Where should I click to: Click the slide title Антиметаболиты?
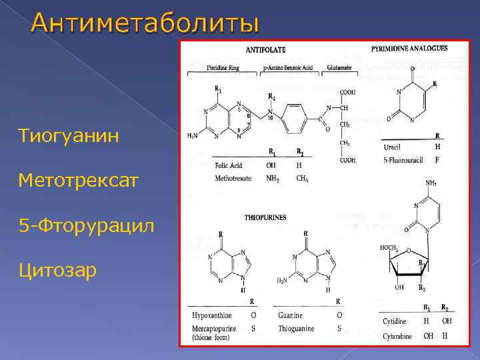point(144,23)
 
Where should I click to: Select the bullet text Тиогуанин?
point(70,137)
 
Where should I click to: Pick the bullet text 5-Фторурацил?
point(87,225)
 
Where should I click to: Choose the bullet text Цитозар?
point(58,270)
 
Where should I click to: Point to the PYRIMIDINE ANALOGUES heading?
point(409,48)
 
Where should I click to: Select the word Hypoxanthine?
point(211,314)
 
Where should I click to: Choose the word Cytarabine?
point(397,335)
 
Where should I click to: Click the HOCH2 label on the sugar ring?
point(389,248)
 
